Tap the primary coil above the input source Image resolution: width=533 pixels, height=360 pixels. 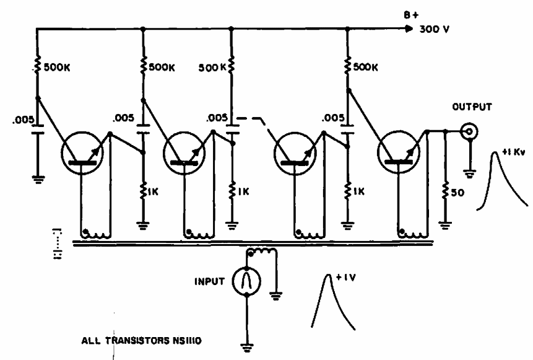pyautogui.click(x=261, y=252)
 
